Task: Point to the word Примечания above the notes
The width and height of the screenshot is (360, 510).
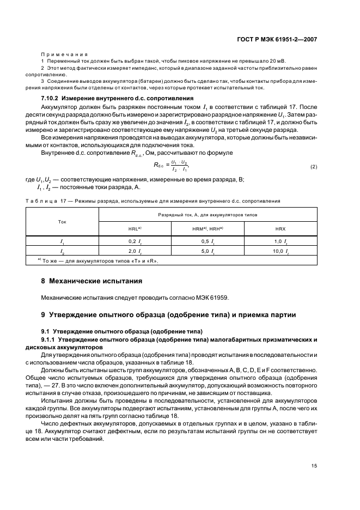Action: (64, 54)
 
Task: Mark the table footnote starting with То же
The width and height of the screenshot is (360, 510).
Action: (101, 260)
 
